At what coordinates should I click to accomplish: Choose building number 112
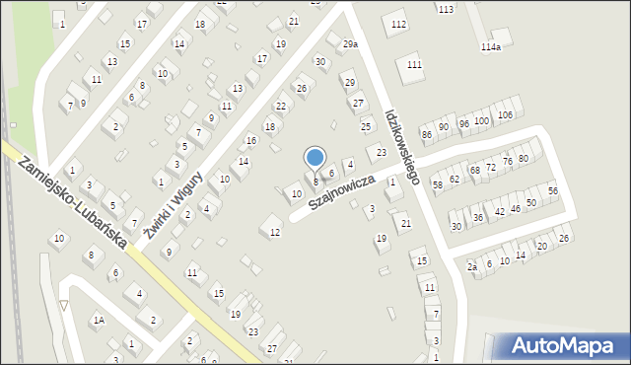[398, 24]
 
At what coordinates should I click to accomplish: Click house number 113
[447, 9]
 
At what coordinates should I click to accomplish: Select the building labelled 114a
[490, 46]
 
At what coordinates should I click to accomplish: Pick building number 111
[414, 64]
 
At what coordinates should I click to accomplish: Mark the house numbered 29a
[350, 44]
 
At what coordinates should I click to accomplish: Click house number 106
[505, 114]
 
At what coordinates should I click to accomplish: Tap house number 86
[427, 133]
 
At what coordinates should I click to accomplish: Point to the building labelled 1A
[99, 320]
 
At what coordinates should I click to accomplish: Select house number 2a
[472, 267]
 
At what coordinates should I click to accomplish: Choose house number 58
[438, 185]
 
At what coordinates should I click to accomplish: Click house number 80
[524, 158]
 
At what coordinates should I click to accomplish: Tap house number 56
[553, 190]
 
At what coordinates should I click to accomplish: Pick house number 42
[500, 211]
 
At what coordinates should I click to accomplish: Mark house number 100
[481, 120]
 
